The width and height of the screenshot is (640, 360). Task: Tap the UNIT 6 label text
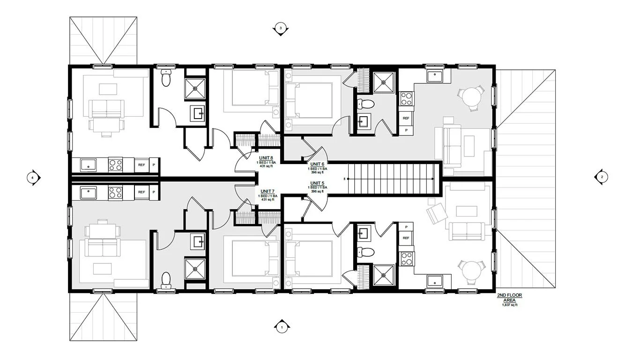coord(317,164)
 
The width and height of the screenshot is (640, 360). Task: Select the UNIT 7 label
coord(267,191)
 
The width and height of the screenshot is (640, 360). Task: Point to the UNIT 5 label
coord(317,183)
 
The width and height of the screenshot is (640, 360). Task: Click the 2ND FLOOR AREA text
coord(510,297)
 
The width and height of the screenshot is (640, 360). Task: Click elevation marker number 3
coord(281,29)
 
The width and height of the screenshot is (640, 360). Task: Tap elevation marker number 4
coord(32,178)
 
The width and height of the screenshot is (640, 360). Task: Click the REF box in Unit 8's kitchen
coord(141,165)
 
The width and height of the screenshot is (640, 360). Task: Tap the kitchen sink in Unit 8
coord(88,165)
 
